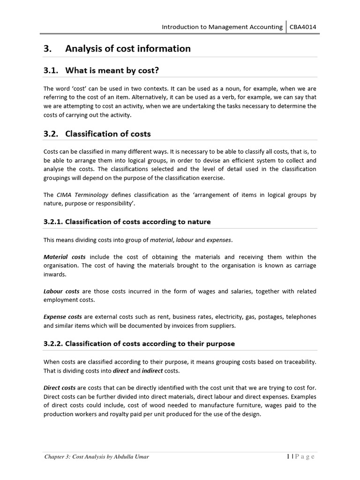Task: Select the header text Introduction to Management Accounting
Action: point(222,27)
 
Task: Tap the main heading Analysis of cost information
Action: point(127,49)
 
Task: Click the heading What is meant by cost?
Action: point(112,71)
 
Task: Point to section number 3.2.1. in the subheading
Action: point(53,222)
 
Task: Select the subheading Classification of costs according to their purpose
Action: point(150,344)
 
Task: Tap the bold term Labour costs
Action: point(61,291)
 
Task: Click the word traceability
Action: point(297,362)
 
